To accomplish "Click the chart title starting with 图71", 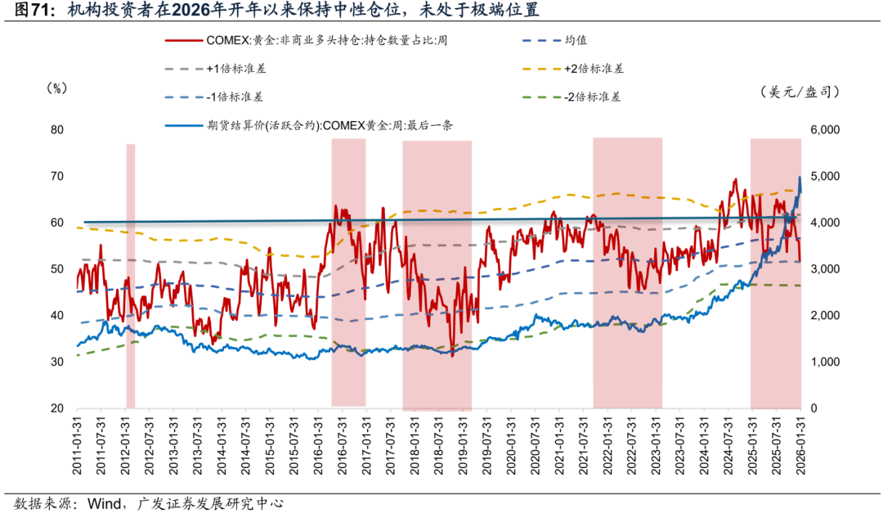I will (270, 11).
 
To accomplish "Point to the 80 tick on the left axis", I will (56, 130).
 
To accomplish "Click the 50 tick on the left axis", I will (56, 269).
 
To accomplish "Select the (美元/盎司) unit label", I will (799, 92).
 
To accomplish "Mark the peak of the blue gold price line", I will (800, 178).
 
